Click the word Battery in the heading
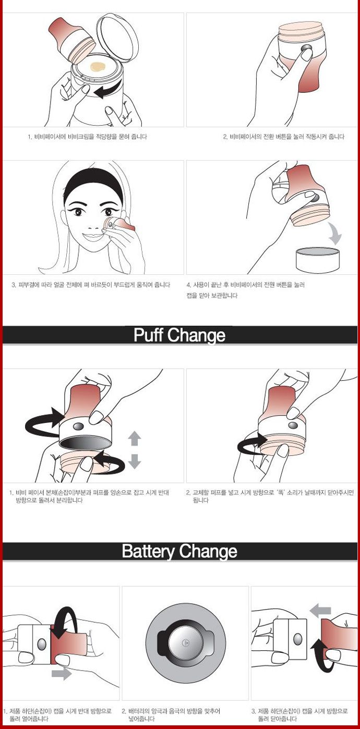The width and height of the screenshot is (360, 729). [x=148, y=551]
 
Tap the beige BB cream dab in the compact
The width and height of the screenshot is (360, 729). [x=98, y=67]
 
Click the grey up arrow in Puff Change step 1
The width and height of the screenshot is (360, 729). [x=135, y=439]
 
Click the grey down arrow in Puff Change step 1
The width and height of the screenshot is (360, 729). [x=135, y=461]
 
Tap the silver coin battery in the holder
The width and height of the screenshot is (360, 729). [x=186, y=643]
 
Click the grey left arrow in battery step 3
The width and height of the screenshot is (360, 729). [x=320, y=611]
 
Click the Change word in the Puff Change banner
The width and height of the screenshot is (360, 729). [x=197, y=335]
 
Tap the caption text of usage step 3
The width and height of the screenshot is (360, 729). [x=91, y=285]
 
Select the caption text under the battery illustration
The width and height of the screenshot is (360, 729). [x=171, y=715]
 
